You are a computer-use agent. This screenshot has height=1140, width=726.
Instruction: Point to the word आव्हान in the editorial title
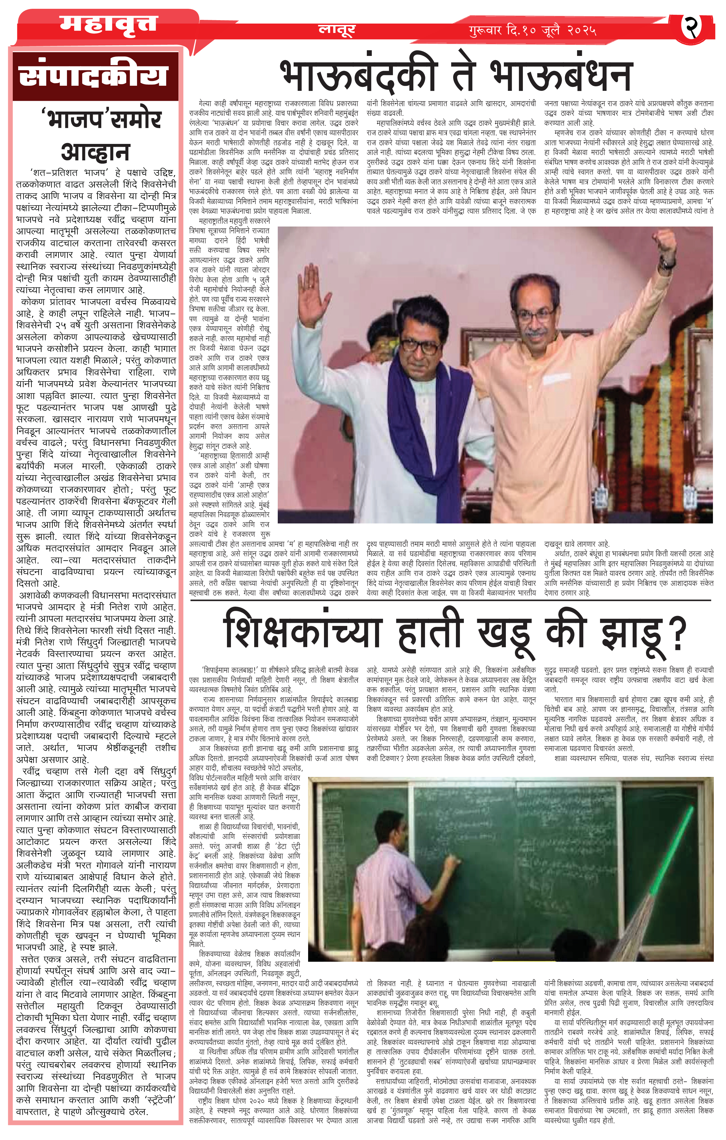(x=95, y=152)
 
